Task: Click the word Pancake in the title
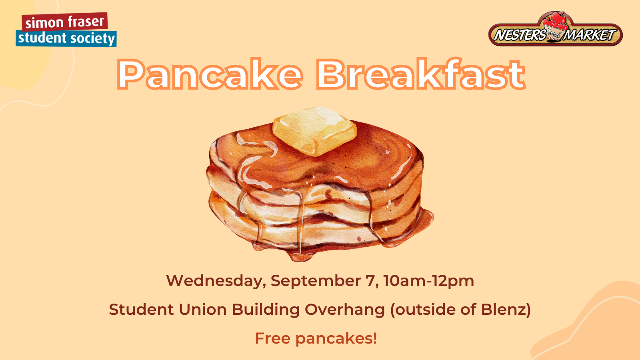210,74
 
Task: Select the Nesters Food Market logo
556,29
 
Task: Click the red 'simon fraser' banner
65,22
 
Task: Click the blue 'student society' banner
66,38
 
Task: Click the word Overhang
345,310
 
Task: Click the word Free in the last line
272,338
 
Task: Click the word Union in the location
203,310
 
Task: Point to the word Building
266,310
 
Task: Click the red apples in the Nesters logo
556,20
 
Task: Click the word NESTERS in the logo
520,35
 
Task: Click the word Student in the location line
142,310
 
